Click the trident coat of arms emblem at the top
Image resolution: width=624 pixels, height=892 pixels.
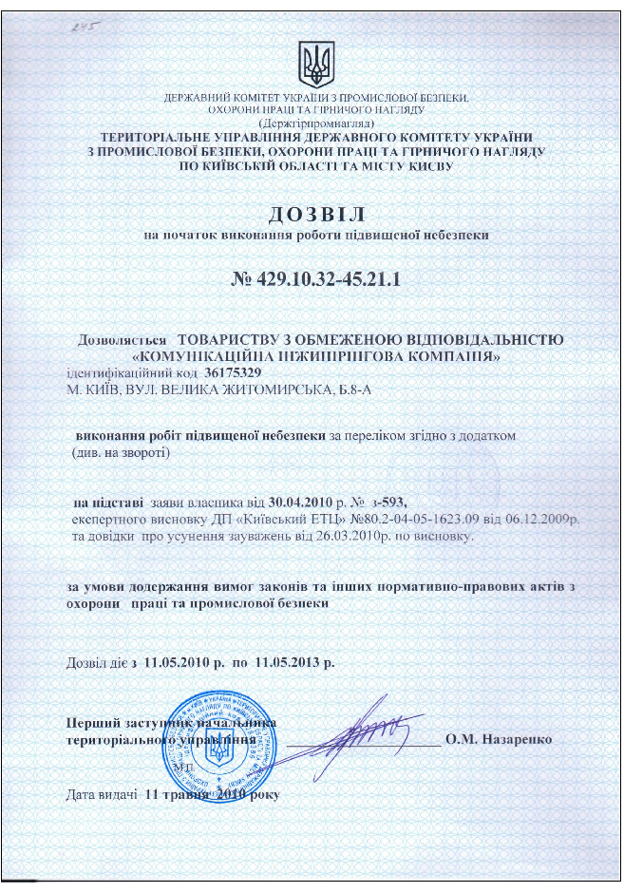click(x=314, y=63)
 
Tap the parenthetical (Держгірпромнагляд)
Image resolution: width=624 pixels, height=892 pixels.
click(x=316, y=123)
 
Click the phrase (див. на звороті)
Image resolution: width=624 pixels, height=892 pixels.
click(x=122, y=452)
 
